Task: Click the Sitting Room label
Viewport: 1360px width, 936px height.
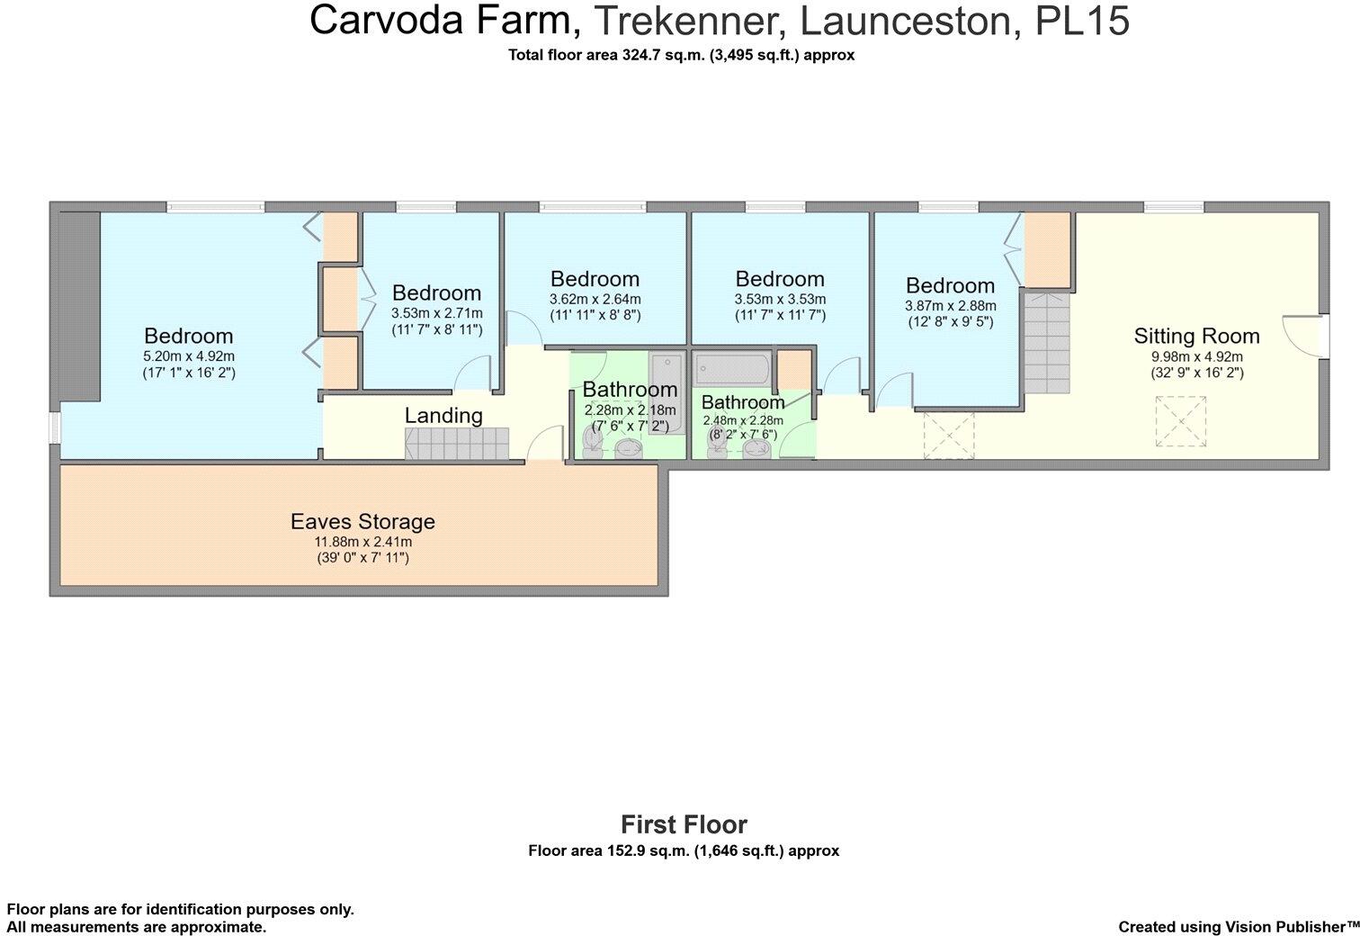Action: [1196, 336]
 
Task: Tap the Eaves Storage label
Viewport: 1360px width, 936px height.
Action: [362, 521]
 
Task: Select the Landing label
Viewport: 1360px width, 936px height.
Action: [443, 416]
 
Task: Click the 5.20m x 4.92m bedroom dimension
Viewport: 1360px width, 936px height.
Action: [189, 356]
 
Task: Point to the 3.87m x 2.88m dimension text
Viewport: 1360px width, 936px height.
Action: [950, 306]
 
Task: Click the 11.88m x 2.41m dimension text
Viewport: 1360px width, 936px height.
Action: [362, 542]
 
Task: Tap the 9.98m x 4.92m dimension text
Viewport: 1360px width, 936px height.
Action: [1196, 356]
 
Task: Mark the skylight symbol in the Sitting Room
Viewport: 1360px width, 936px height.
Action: [1180, 421]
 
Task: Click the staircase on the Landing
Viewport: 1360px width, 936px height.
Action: [457, 444]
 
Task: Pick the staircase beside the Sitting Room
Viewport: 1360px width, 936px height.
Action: [1047, 343]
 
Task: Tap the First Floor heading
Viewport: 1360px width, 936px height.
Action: [684, 824]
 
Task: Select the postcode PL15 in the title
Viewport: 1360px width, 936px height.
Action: [1082, 21]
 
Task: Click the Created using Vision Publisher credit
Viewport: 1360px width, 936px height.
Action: [1239, 927]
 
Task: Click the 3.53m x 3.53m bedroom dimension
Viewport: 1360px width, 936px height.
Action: [780, 300]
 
